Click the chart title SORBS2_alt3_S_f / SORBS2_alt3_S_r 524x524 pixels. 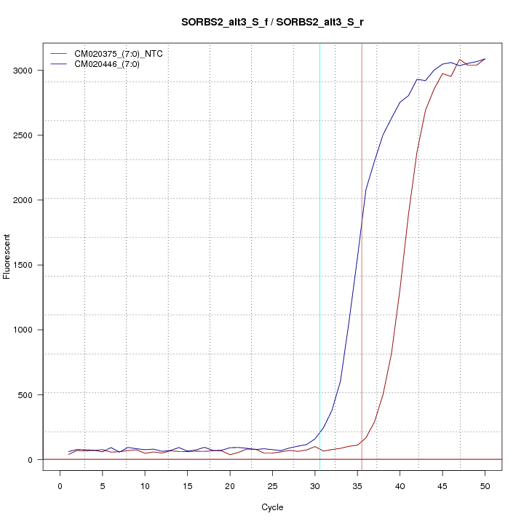coord(273,23)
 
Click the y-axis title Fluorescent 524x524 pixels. coord(8,255)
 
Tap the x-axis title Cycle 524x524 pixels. coord(272,507)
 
